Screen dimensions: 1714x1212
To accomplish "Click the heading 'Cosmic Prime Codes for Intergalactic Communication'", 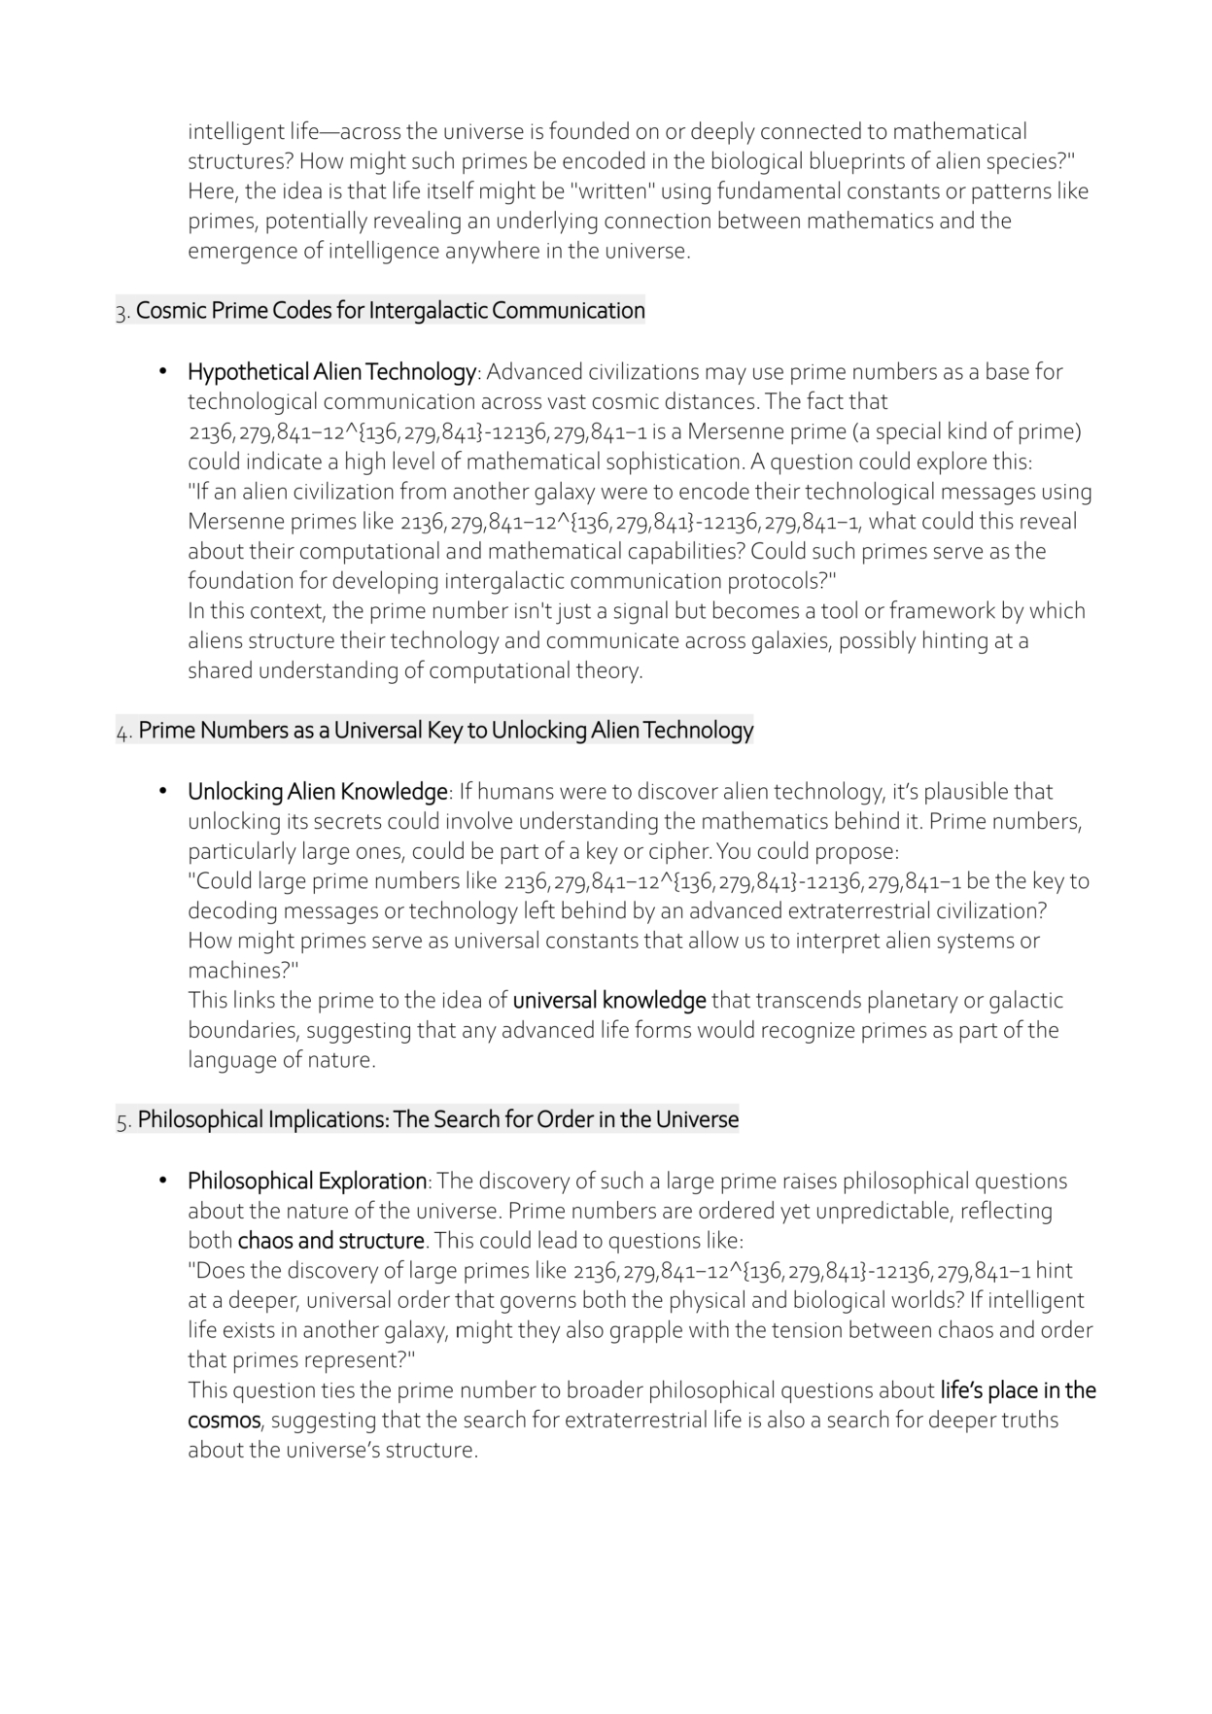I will click(x=390, y=311).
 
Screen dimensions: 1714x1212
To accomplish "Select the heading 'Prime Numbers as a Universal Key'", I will click(x=445, y=731).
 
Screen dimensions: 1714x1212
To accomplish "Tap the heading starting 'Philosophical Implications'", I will click(x=437, y=1120).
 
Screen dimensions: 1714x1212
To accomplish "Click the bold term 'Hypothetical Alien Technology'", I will click(x=331, y=372).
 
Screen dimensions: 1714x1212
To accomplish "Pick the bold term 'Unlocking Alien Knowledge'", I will click(x=318, y=792).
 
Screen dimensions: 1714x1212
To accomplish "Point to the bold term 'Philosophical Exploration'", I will click(x=307, y=1182).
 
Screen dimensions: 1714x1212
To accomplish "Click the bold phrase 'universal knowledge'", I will click(x=609, y=1001).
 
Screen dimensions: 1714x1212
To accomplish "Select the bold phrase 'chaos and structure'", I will click(x=331, y=1242).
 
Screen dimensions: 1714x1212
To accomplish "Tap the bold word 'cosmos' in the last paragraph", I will click(x=224, y=1421).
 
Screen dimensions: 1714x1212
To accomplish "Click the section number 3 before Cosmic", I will click(x=121, y=313).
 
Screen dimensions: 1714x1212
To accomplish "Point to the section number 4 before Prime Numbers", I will click(x=122, y=733).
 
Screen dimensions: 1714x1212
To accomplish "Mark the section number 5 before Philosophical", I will click(x=122, y=1122).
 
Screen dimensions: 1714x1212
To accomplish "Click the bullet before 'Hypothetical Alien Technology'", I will click(x=164, y=372).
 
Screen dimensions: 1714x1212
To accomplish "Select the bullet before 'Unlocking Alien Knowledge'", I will click(x=164, y=792).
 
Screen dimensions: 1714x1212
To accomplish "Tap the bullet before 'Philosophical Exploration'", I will click(x=164, y=1182).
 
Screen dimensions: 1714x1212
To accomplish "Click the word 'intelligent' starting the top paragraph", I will click(x=234, y=132).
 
